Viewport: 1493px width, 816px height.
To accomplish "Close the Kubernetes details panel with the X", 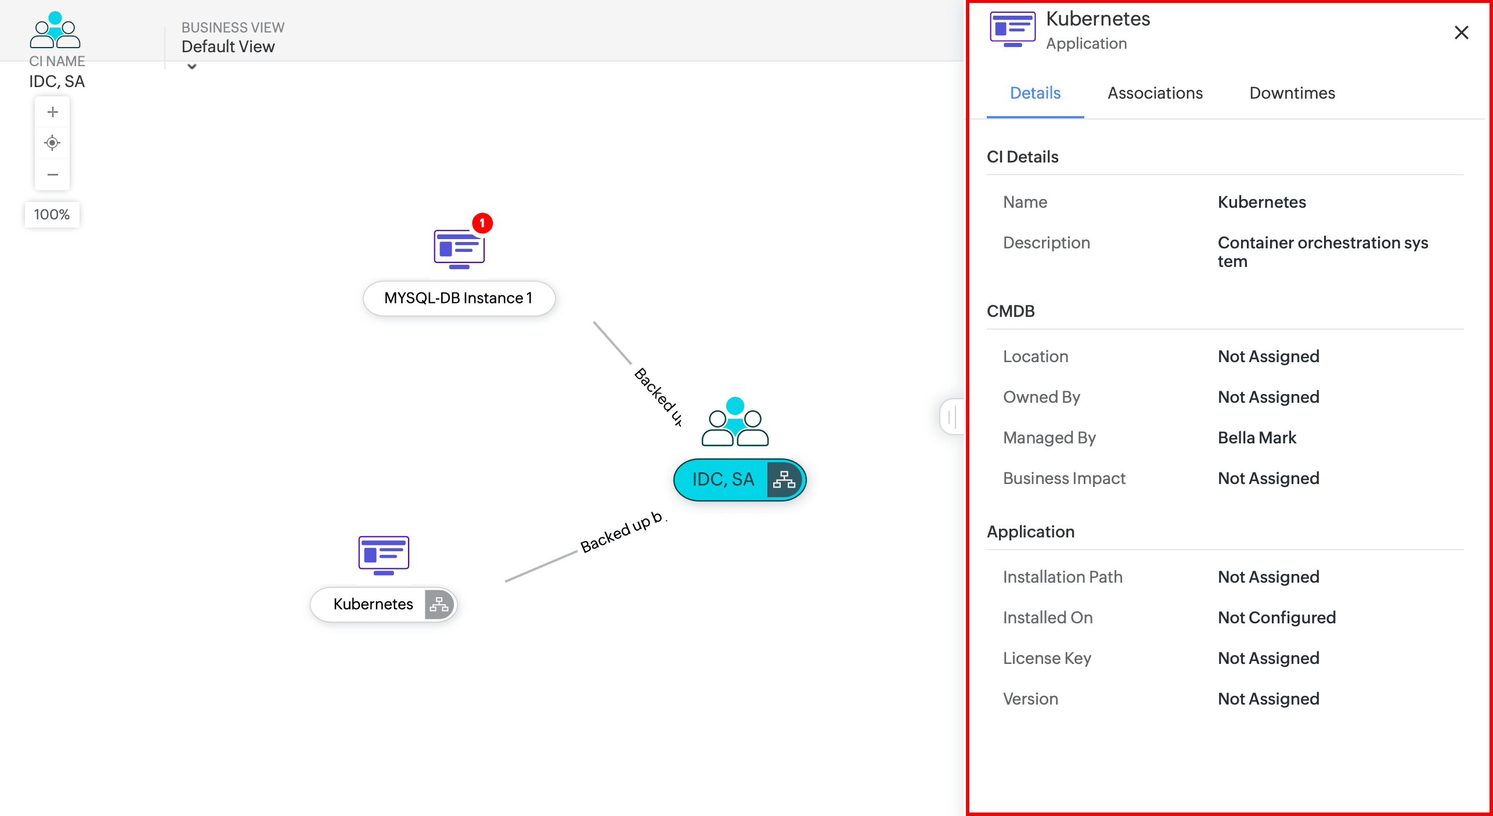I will click(x=1461, y=33).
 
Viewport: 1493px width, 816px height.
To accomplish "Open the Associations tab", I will click(x=1155, y=93).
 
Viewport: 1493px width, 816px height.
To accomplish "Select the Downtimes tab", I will click(x=1292, y=93).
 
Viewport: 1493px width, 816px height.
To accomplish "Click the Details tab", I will click(x=1035, y=93).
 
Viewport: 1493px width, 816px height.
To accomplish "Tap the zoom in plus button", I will click(x=52, y=112).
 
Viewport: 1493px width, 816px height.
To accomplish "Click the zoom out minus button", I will click(x=52, y=175).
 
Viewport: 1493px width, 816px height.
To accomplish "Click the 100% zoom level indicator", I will click(x=52, y=215).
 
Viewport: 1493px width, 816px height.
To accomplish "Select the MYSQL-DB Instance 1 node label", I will click(x=459, y=298).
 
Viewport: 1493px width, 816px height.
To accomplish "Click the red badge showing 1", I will click(x=482, y=223).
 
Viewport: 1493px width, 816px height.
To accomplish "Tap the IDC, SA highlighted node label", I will click(x=723, y=479).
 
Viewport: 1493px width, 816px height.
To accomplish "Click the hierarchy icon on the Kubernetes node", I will click(x=439, y=605).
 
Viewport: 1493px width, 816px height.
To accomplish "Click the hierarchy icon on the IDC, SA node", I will click(x=784, y=479).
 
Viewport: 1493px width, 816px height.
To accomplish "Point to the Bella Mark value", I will click(x=1257, y=438).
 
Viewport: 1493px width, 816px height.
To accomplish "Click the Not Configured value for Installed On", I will click(x=1276, y=618).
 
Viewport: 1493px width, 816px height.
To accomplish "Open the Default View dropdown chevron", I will click(x=192, y=67).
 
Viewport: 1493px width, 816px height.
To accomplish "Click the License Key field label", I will click(x=1047, y=658).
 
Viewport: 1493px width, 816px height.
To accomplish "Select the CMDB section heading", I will click(x=1011, y=311).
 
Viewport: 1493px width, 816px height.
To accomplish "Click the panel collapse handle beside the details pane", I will click(x=952, y=416).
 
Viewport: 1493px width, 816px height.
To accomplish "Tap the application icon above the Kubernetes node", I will click(x=384, y=555).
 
